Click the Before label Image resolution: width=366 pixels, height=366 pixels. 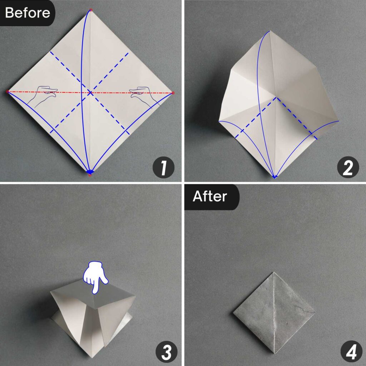[x=27, y=13]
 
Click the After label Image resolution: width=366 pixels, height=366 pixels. [x=210, y=197]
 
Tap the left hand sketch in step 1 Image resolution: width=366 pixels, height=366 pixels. [x=42, y=96]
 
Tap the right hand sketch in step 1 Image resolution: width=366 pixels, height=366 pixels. [x=143, y=96]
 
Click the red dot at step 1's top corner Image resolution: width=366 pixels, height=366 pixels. [x=90, y=10]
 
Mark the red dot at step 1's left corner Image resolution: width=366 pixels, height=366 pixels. [x=8, y=92]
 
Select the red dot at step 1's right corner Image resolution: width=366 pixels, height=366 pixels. [x=173, y=93]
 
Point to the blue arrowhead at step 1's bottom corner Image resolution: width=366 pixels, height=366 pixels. [x=90, y=172]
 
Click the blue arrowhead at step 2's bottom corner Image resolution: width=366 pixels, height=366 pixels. [x=274, y=176]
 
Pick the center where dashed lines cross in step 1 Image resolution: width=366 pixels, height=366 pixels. [x=90, y=93]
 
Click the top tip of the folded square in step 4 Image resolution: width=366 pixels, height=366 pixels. [x=274, y=272]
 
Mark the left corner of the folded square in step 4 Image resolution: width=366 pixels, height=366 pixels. [x=233, y=313]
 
